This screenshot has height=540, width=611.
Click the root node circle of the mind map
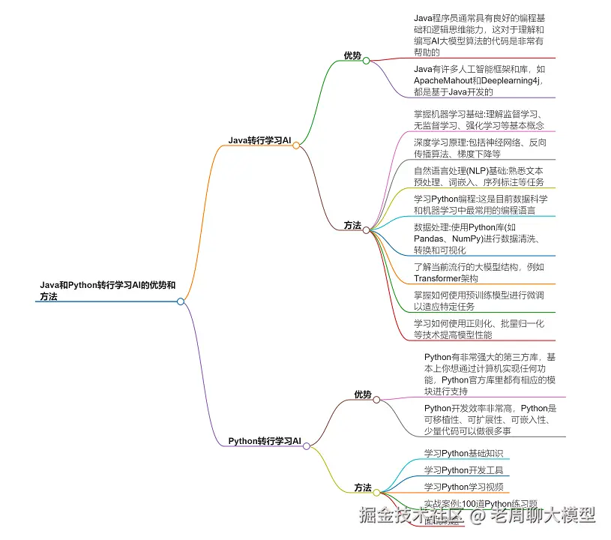(181, 301)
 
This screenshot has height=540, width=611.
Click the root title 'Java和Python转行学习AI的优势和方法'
(108, 291)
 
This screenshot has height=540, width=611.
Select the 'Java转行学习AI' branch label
(259, 140)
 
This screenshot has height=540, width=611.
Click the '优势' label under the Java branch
(352, 55)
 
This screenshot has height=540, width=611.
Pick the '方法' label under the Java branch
(352, 225)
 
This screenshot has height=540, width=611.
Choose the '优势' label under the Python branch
(363, 394)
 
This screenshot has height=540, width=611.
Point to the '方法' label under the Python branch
(363, 487)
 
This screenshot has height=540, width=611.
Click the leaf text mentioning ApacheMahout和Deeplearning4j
(480, 80)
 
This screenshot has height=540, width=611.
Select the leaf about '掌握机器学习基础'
(480, 119)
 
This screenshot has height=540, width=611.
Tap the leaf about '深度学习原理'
(480, 148)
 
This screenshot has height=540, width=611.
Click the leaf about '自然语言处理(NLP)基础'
(480, 176)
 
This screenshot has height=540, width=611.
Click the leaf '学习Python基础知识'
(463, 453)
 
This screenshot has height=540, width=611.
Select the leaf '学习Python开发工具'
(463, 470)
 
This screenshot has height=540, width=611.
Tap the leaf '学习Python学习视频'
(463, 487)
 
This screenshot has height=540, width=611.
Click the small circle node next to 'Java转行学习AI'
(297, 145)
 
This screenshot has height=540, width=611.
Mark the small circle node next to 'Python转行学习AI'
(307, 445)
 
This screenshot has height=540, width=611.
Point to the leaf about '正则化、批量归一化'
(480, 328)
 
